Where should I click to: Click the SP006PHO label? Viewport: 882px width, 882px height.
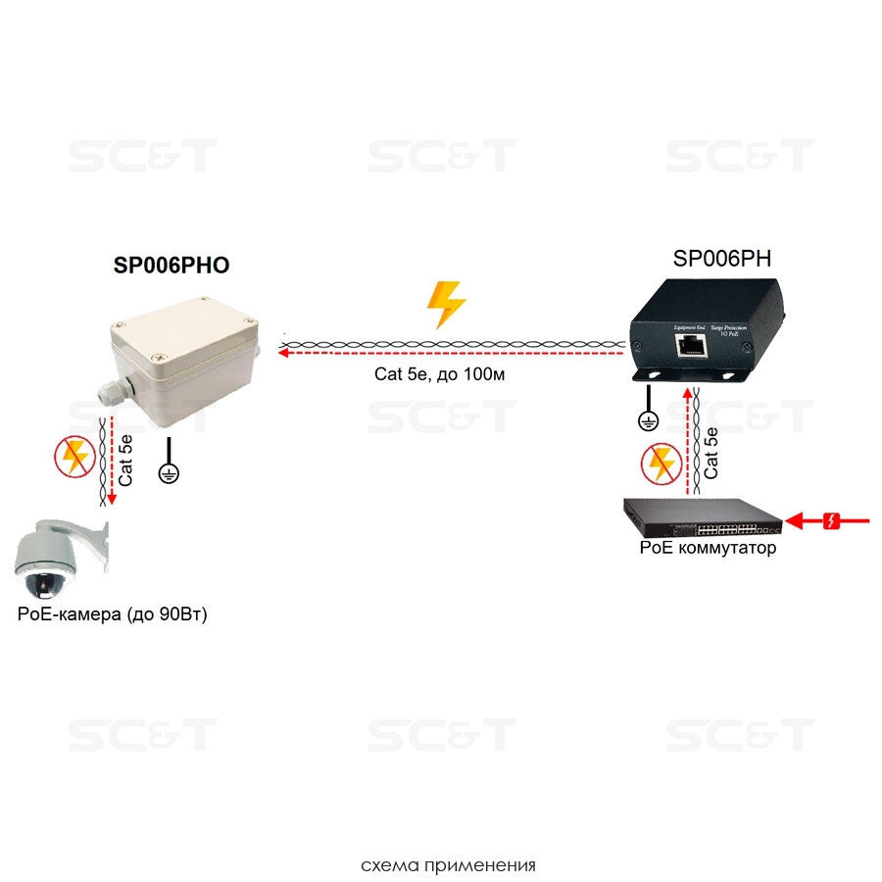click(171, 268)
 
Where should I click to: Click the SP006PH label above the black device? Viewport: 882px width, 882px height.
click(721, 259)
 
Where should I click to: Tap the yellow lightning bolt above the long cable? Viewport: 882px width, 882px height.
click(447, 305)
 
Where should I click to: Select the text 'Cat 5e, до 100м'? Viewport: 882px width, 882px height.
click(439, 374)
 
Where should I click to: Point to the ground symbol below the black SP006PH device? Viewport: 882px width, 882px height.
click(647, 419)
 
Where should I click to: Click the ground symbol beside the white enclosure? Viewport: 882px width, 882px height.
click(170, 472)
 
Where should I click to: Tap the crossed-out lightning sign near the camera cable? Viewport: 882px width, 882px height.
click(74, 457)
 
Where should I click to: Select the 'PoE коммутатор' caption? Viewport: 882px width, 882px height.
click(708, 549)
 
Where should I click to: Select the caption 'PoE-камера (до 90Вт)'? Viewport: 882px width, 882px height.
click(113, 614)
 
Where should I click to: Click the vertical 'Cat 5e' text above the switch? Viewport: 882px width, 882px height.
click(712, 453)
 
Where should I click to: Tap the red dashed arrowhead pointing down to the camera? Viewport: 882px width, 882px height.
click(112, 499)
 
